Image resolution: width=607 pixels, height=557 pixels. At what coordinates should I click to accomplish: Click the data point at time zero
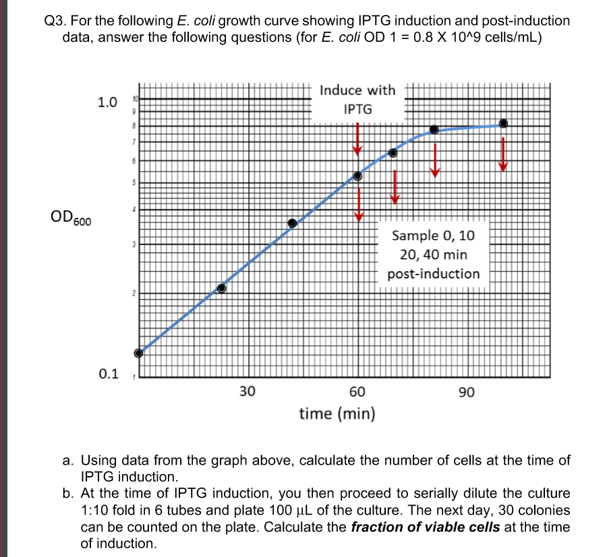pos(139,353)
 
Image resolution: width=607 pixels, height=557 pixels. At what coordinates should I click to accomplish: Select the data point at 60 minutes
pos(358,176)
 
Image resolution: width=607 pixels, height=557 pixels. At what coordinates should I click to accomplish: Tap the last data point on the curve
pos(503,123)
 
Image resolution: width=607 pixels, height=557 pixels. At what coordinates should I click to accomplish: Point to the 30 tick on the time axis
pos(248,392)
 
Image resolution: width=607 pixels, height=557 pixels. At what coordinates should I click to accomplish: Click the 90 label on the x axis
pos(466,392)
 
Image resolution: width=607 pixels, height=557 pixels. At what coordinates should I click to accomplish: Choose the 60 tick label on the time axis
pos(357,392)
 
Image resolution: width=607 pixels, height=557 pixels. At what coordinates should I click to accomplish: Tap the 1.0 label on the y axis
pos(107,103)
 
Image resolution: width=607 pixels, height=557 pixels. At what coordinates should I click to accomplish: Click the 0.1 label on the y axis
pos(107,373)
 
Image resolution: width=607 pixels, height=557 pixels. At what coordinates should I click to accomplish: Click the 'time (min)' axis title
pos(337,413)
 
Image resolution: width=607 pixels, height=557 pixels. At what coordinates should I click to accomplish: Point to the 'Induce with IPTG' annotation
pos(357,99)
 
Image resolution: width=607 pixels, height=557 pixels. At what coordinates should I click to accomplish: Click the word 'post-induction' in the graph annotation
pos(434,274)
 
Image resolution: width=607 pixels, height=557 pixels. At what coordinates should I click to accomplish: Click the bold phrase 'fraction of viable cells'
pos(426,527)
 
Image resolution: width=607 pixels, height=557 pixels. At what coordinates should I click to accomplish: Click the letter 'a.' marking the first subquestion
pos(68,461)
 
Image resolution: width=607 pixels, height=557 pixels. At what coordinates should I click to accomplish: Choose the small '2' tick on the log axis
pos(134,294)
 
